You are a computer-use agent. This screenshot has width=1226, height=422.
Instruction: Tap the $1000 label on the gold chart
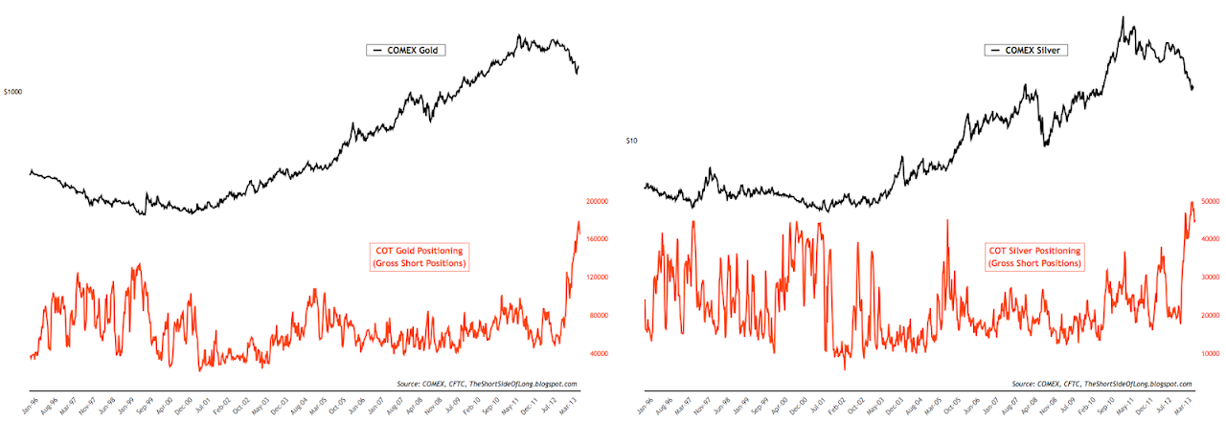[x=12, y=92]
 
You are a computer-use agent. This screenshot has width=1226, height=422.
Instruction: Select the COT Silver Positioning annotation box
[x=1033, y=255]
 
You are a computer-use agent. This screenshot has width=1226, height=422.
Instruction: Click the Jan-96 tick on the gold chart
[x=32, y=403]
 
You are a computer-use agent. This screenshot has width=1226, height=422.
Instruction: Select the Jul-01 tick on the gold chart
[x=200, y=403]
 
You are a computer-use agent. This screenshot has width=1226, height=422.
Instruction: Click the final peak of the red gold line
[x=579, y=222]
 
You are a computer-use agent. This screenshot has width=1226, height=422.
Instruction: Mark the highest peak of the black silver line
[x=1122, y=16]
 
